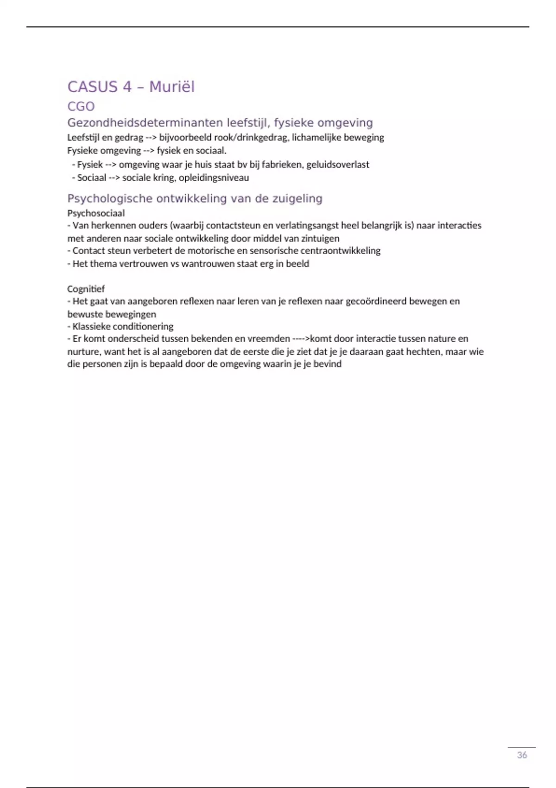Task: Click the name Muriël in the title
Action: tap(172, 87)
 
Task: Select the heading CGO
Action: tap(81, 107)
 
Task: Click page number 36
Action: tap(522, 755)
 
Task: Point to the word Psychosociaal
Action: tap(96, 213)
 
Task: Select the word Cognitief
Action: tap(86, 289)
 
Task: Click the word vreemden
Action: tap(271, 339)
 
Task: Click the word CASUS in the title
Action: tap(93, 87)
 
